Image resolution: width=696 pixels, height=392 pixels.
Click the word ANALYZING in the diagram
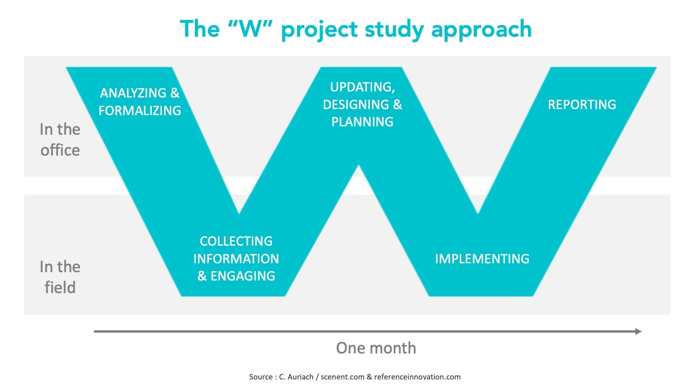133,93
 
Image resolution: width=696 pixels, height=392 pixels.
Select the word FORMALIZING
140,111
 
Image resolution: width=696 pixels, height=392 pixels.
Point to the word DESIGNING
356,105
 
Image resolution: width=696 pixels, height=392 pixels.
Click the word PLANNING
362,122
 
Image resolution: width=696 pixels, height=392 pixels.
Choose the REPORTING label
582,105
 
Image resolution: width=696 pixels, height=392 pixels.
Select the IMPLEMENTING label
482,259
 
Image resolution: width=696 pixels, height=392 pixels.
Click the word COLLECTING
236,242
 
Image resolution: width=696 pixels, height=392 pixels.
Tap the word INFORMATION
236,259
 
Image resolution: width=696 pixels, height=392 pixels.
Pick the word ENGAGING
243,276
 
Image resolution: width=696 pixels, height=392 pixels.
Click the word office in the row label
60,150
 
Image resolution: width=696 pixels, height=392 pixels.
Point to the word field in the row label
60,287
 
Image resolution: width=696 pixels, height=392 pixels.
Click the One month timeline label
376,348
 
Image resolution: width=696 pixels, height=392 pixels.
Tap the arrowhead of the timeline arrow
639,331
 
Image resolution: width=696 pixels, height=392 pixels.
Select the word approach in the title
482,31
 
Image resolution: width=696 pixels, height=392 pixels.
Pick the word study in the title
394,31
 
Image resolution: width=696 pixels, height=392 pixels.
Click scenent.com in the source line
342,377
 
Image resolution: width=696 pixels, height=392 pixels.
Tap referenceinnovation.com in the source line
417,377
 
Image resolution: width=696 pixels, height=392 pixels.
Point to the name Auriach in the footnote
301,377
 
